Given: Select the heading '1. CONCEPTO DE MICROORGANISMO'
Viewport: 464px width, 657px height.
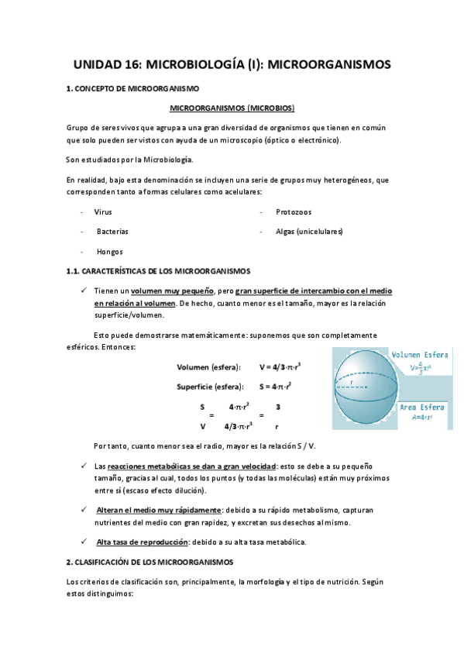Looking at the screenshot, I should (133, 90).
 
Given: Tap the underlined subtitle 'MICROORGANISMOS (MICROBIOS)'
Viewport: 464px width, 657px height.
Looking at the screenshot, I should (232, 108).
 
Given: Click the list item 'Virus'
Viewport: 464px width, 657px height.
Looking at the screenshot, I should (103, 212).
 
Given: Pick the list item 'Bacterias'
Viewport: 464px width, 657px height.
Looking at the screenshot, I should (112, 232).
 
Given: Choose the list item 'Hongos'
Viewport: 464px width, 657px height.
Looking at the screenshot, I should (109, 252).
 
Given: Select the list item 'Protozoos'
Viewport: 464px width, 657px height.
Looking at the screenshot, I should (294, 212).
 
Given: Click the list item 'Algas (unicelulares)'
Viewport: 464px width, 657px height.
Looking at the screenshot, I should (309, 232).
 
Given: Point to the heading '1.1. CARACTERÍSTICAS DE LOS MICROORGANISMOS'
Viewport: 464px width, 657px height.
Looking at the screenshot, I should (159, 271).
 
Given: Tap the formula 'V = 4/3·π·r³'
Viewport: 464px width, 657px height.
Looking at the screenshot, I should (280, 366).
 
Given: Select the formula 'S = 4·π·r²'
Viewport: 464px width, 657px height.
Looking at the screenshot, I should (276, 386).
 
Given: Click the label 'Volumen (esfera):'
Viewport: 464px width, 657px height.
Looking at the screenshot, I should (208, 366).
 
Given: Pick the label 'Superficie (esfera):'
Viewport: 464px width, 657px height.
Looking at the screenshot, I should (209, 386).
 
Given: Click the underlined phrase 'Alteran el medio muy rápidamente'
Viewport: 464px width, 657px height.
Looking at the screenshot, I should (159, 510).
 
